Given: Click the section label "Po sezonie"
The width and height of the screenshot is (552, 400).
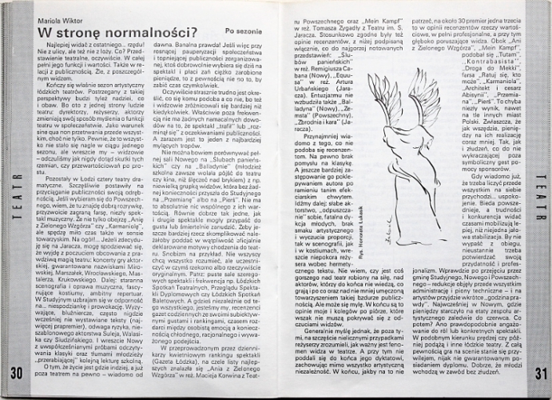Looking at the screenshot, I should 244,33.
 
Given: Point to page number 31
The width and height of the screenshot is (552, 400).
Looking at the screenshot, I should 537,372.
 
